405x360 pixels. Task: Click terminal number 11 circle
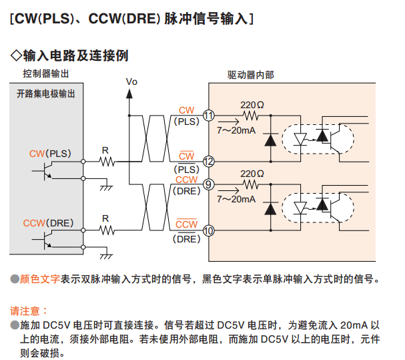209,116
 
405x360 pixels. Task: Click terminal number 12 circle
209,161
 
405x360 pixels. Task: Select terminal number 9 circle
209,184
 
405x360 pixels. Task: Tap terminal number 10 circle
209,230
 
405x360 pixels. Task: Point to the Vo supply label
131,81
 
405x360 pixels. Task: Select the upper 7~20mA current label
236,130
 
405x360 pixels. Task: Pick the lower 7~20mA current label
236,199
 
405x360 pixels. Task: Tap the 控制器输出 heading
46,73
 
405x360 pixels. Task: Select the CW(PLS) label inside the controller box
50,153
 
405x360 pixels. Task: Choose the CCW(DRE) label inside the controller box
48,222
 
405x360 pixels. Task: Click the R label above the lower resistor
105,218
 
